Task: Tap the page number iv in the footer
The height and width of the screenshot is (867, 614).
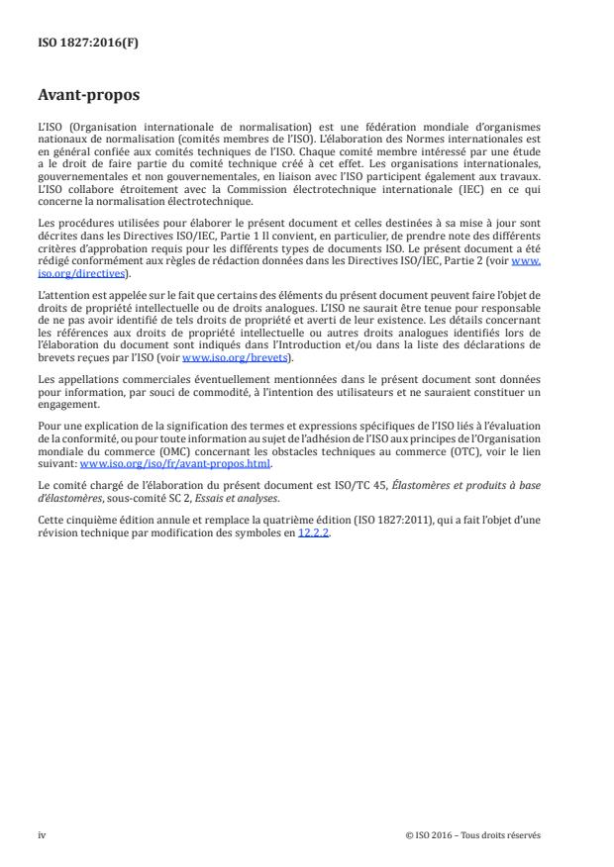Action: (x=42, y=834)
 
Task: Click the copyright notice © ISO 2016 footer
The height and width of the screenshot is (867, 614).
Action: (x=473, y=834)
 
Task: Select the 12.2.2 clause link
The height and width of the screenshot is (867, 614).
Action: (x=313, y=532)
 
